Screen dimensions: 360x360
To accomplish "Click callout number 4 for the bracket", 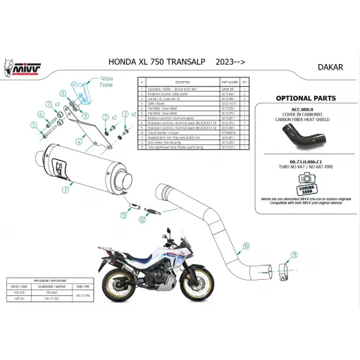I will (x=80, y=142).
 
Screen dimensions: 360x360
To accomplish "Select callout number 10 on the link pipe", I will (x=246, y=246).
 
